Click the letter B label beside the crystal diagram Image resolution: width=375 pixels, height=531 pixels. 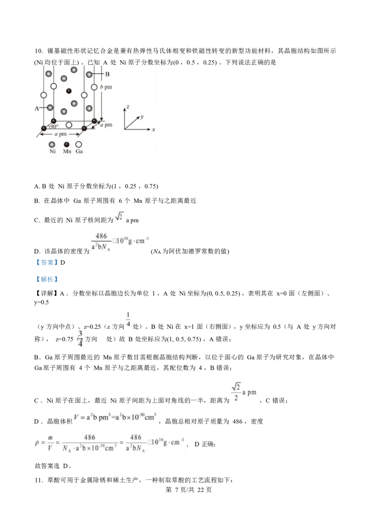click(x=107, y=74)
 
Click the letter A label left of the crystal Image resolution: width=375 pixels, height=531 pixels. click(x=37, y=108)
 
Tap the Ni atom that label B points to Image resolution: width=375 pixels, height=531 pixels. click(x=90, y=74)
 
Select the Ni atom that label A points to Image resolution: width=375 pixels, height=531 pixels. click(x=50, y=108)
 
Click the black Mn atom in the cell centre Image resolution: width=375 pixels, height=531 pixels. click(x=69, y=91)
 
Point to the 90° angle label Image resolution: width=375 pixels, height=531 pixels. click(x=54, y=126)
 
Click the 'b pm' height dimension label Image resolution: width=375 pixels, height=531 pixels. click(x=106, y=87)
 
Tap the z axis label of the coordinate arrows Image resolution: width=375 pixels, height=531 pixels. click(x=128, y=107)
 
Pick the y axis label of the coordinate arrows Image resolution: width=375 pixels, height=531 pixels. click(x=142, y=117)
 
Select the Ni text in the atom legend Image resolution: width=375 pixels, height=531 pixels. click(x=52, y=152)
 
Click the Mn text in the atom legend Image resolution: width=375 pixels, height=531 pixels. click(x=67, y=152)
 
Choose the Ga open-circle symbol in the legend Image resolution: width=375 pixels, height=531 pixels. click(x=79, y=144)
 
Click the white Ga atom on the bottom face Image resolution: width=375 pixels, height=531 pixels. click(x=69, y=125)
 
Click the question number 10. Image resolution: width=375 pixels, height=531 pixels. click(x=38, y=51)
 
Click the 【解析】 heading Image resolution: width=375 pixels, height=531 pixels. click(x=46, y=280)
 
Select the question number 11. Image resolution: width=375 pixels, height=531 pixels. click(x=38, y=480)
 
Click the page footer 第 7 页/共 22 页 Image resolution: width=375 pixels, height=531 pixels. click(x=188, y=490)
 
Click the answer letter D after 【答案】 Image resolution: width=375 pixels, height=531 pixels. click(x=62, y=263)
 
